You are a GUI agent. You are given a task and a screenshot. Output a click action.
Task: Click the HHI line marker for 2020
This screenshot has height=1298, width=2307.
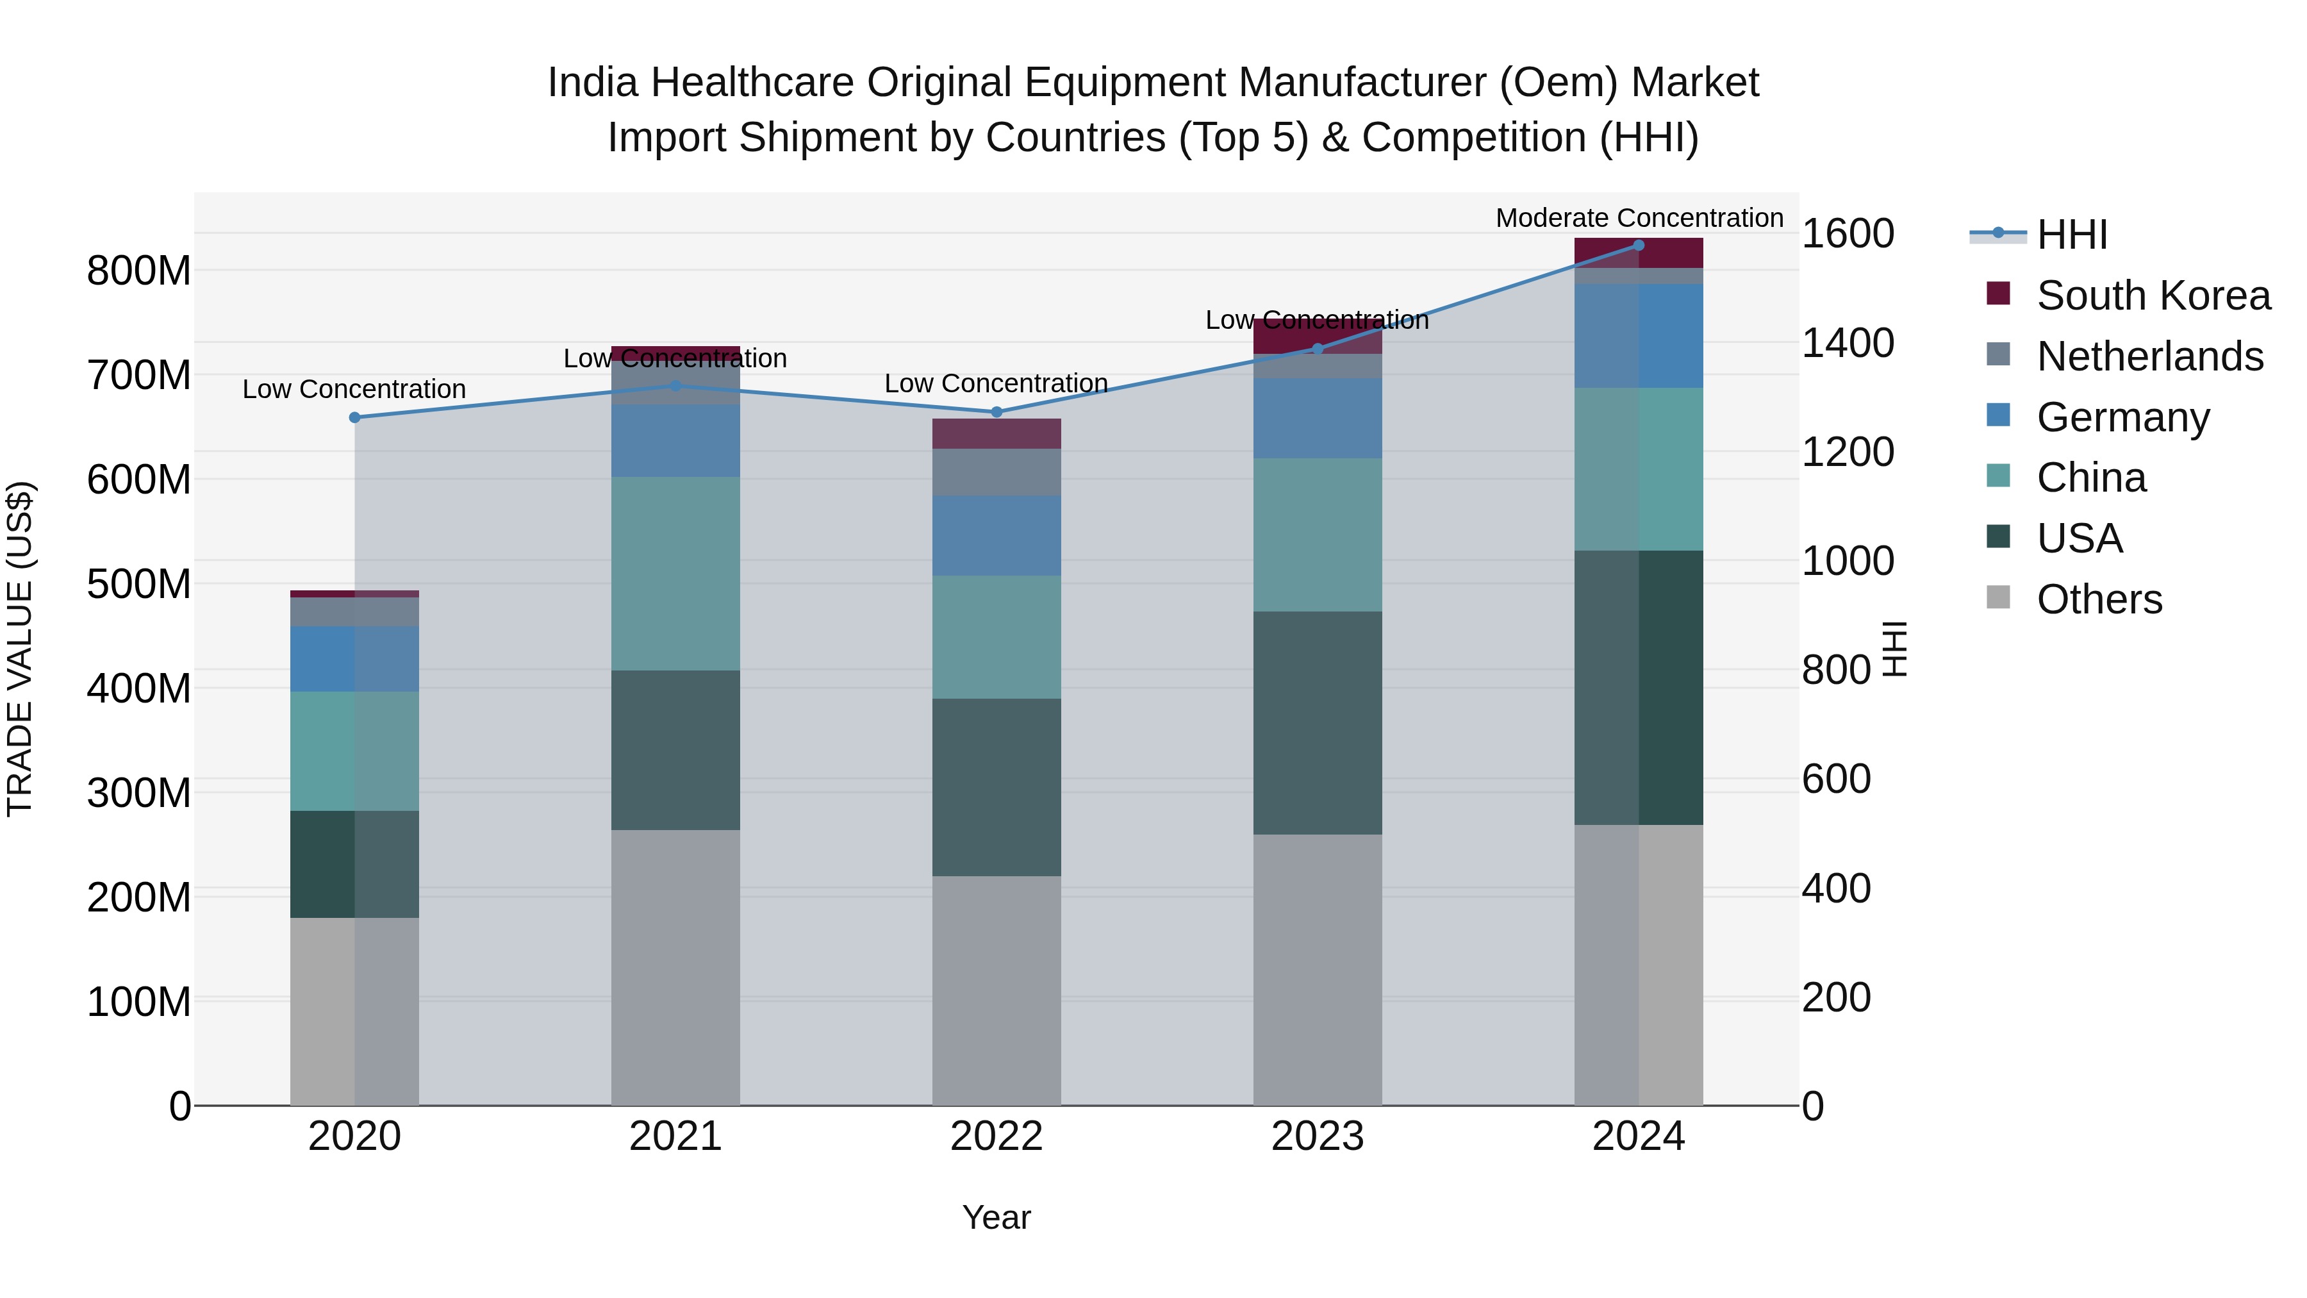click(354, 417)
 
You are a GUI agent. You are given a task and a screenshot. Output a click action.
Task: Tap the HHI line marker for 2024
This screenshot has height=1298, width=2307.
click(1639, 245)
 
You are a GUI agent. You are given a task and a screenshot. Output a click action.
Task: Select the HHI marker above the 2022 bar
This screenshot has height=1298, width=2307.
click(996, 412)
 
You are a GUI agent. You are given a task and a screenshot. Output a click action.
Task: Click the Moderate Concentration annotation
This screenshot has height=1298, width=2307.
click(1639, 218)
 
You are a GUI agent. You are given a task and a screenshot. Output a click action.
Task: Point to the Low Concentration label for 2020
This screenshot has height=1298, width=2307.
click(354, 389)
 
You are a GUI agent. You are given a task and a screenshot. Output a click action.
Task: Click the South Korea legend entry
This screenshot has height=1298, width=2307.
click(2153, 295)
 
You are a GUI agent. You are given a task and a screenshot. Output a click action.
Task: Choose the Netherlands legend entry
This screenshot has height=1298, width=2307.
click(2149, 356)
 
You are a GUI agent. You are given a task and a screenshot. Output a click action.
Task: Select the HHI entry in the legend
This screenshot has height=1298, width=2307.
click(2071, 235)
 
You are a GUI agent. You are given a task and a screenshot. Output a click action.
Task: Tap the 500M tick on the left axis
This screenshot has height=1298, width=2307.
click(139, 584)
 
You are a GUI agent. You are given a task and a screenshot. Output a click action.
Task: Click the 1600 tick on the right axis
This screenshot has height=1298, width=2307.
click(1847, 234)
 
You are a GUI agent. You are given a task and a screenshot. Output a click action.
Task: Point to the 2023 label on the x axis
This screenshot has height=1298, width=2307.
click(1318, 1136)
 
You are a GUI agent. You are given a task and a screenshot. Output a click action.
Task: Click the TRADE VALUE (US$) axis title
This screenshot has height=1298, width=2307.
click(20, 649)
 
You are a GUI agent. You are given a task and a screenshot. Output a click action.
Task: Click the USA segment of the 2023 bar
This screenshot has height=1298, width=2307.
click(1318, 723)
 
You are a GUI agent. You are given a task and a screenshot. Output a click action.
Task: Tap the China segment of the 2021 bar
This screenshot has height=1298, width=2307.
click(675, 573)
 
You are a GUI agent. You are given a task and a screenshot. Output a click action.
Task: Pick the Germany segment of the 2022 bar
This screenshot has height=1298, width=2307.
click(996, 536)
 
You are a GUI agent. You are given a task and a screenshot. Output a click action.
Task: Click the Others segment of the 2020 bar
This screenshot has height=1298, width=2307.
click(354, 1011)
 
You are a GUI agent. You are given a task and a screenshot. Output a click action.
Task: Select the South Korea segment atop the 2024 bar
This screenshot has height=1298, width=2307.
click(1639, 253)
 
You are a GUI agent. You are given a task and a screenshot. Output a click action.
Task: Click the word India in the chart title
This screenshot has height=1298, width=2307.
click(593, 83)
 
